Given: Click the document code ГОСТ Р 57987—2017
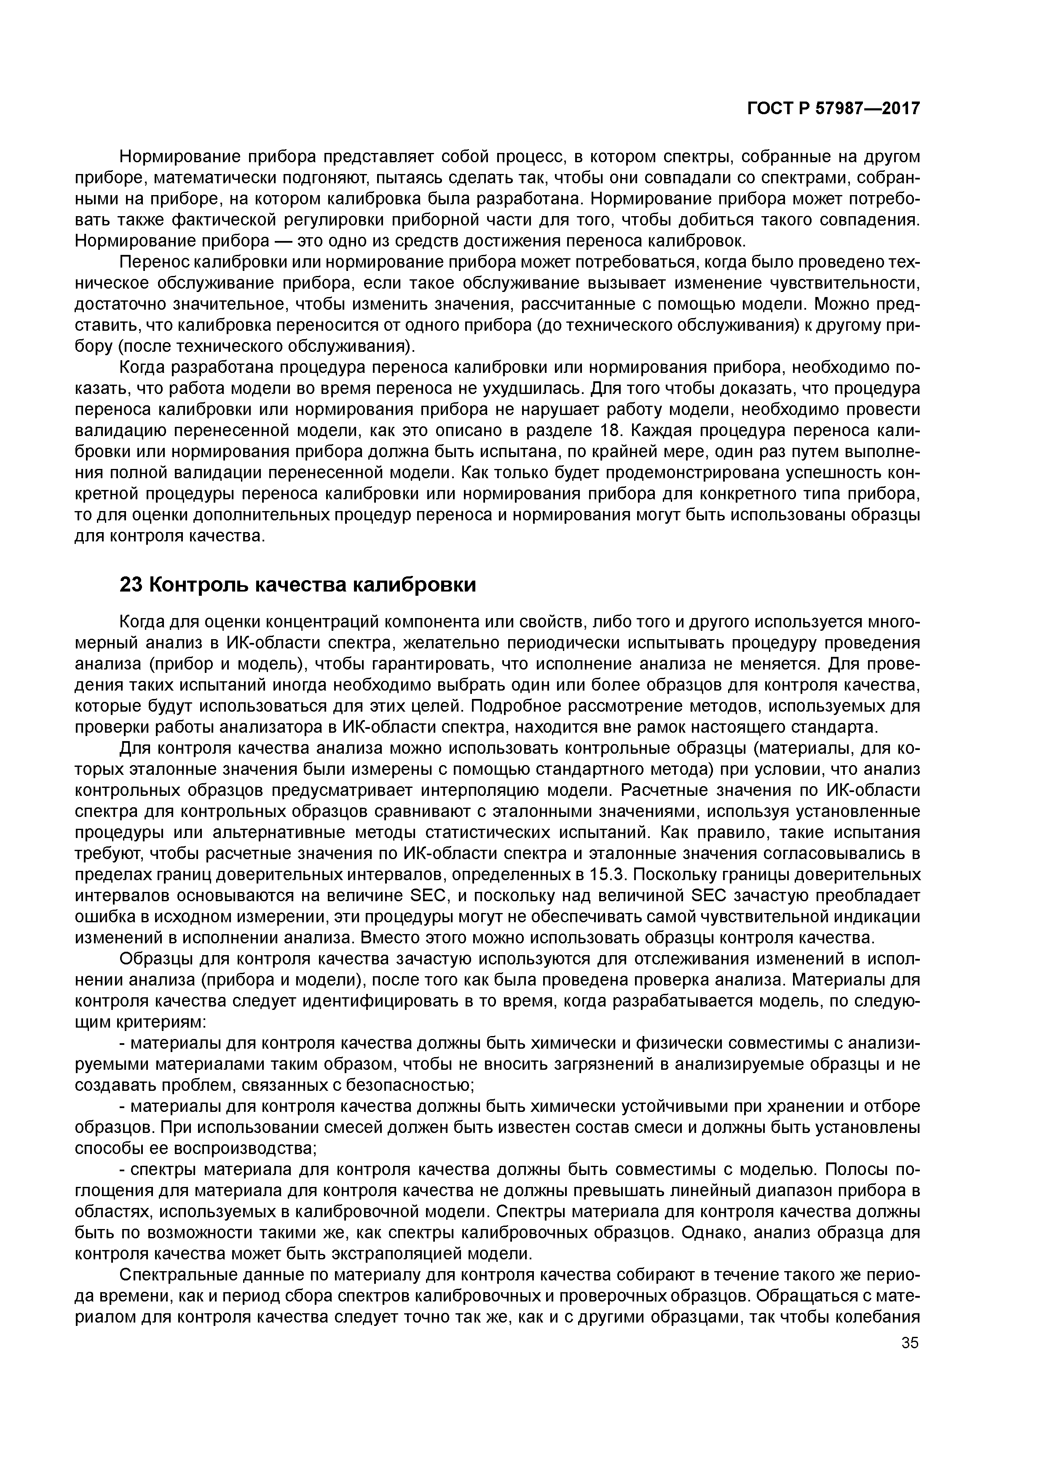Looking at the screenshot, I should [833, 109].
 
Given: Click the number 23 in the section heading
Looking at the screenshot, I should [131, 584].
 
